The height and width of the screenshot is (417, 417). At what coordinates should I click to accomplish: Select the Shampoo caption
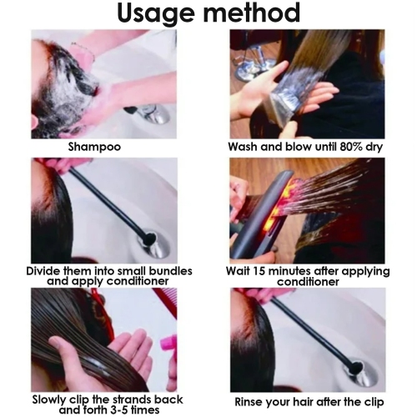[x=94, y=147]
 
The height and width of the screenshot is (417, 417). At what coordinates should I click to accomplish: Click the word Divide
[x=45, y=271]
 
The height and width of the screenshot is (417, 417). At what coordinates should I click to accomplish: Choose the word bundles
[x=169, y=271]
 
